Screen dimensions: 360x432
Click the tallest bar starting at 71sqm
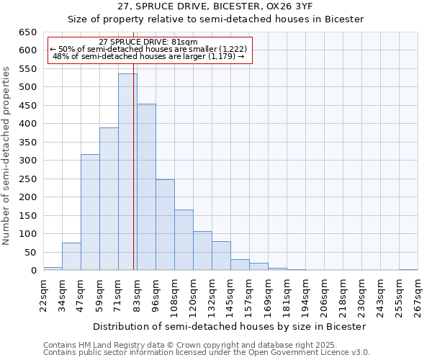tap(127, 172)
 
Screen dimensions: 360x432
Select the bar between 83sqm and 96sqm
tap(146, 187)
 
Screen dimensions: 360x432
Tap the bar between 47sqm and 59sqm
tap(90, 212)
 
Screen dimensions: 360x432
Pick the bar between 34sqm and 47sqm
tap(71, 256)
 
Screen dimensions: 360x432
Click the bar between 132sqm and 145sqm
tap(221, 256)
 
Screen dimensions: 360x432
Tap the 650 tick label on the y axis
tap(27, 32)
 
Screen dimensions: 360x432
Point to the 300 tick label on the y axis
tap(27, 161)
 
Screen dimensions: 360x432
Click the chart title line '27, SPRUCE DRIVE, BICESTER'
tap(215, 6)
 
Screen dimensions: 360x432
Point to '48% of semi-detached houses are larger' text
tap(149, 56)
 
